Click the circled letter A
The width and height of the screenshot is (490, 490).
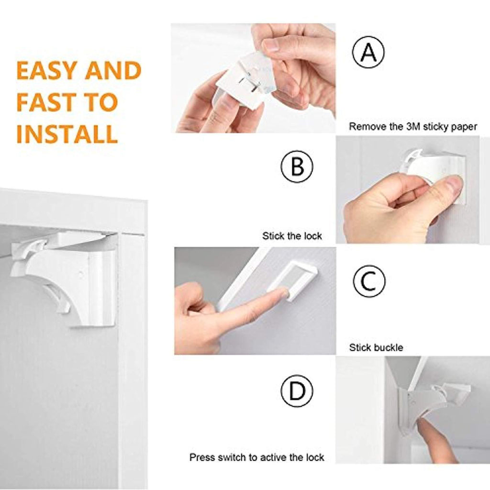click(x=368, y=52)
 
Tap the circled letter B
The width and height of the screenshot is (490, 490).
click(x=297, y=166)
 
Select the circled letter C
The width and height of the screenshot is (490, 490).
click(x=369, y=281)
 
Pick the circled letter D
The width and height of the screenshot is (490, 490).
click(x=297, y=391)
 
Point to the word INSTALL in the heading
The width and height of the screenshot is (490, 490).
click(x=67, y=134)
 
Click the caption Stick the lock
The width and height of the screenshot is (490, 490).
click(x=292, y=236)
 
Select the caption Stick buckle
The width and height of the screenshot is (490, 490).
click(x=376, y=347)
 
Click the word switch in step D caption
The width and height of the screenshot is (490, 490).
click(x=232, y=457)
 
